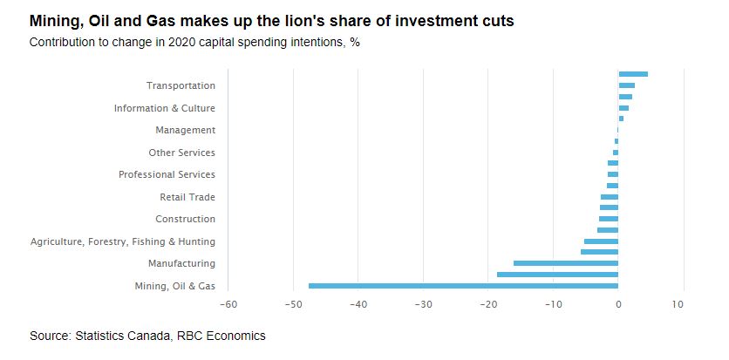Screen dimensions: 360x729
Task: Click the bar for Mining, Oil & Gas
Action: click(x=463, y=285)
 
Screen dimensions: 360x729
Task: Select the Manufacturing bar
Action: click(x=566, y=263)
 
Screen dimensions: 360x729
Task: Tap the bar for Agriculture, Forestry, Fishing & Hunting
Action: click(x=601, y=241)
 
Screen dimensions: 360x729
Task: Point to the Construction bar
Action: click(x=609, y=219)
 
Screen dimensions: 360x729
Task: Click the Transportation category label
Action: click(x=181, y=85)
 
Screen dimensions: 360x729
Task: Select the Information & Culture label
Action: click(x=164, y=108)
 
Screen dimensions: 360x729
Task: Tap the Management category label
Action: click(x=185, y=130)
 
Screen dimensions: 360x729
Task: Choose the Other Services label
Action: click(x=181, y=153)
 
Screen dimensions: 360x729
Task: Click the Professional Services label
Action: click(x=167, y=174)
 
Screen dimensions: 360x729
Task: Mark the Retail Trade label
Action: click(x=187, y=197)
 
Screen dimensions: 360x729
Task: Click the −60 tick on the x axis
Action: click(x=228, y=304)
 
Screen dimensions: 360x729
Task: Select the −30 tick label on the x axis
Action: click(x=423, y=304)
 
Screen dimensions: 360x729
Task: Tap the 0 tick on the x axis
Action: click(x=618, y=304)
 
